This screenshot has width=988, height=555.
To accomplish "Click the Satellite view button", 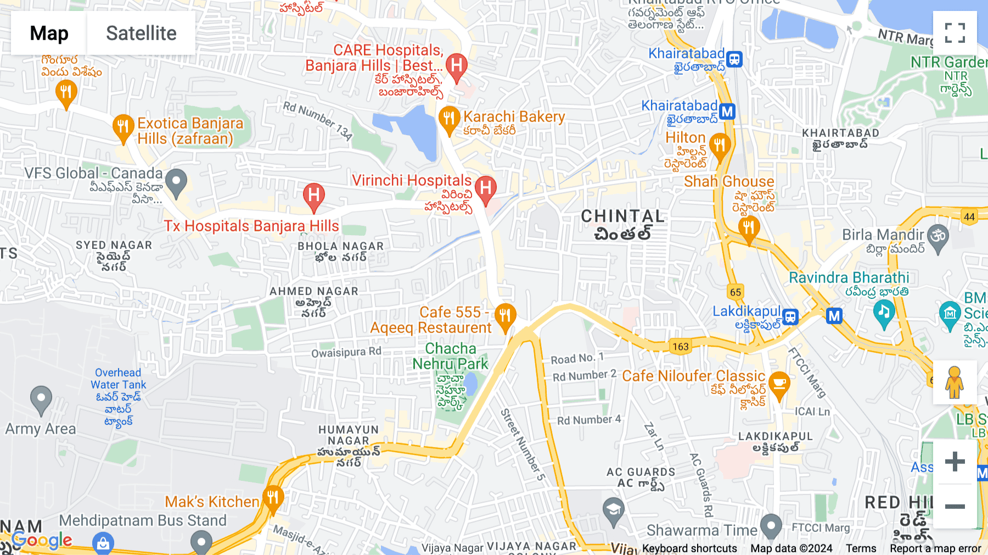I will pyautogui.click(x=141, y=33).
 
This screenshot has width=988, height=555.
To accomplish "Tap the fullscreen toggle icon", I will pyautogui.click(x=955, y=33).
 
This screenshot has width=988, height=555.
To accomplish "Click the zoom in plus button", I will pyautogui.click(x=955, y=461).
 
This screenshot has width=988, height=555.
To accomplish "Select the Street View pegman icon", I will pyautogui.click(x=955, y=382).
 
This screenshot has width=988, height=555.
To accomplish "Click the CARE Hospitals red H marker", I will pyautogui.click(x=457, y=66).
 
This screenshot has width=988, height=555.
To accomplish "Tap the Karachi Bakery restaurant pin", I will pyautogui.click(x=449, y=118).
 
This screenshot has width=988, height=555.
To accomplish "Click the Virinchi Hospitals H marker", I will pyautogui.click(x=486, y=188).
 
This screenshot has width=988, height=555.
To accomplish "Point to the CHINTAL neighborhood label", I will pyautogui.click(x=622, y=217).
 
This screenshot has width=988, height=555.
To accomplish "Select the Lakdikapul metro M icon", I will pyautogui.click(x=834, y=316).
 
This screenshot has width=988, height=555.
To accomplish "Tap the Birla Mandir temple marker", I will pyautogui.click(x=938, y=236).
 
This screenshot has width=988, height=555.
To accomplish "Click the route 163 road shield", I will pyautogui.click(x=680, y=347).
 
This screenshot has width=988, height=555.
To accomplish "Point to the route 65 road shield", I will pyautogui.click(x=736, y=292).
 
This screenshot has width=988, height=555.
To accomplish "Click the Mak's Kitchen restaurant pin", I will pyautogui.click(x=273, y=498).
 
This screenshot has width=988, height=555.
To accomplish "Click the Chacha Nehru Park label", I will pyautogui.click(x=450, y=356).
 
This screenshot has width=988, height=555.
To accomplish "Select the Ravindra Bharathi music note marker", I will pyautogui.click(x=884, y=312).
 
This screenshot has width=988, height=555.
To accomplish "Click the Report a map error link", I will pyautogui.click(x=935, y=548).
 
